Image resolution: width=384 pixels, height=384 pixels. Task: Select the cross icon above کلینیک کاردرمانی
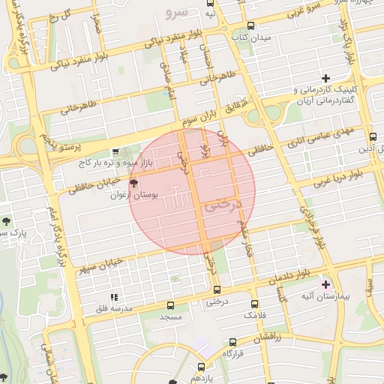pos(325,78)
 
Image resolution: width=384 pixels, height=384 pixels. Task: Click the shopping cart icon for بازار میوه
pos(115,151)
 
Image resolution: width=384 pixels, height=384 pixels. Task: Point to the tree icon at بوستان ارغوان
pos(134,182)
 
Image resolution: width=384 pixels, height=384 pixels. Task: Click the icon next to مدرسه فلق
pos(115,297)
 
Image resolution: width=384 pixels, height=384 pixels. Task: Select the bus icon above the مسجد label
pos(171,305)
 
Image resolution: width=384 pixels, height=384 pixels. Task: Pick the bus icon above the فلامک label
pos(255,304)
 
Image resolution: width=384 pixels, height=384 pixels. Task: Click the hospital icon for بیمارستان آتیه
pos(325,284)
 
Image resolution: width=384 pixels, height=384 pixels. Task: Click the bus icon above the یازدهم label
pos(200,367)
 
